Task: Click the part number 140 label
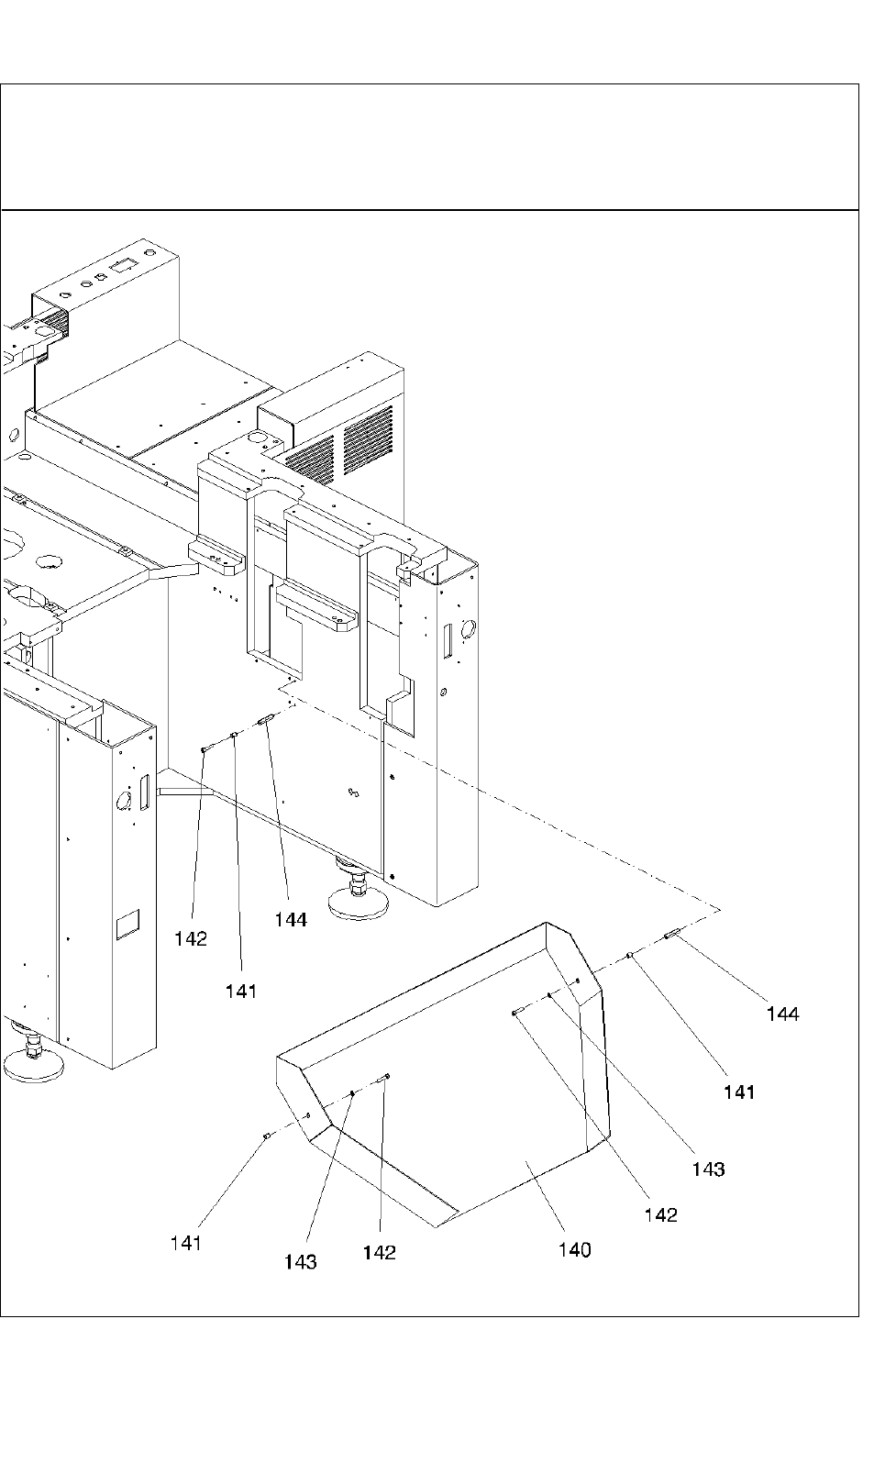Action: tap(575, 1249)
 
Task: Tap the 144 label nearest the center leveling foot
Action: tap(291, 918)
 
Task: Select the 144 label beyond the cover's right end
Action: tap(782, 1014)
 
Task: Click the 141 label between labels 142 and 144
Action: tap(241, 991)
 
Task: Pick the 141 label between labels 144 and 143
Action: tap(738, 1092)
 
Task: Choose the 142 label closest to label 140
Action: tap(660, 1214)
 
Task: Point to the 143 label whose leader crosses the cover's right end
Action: tap(708, 1169)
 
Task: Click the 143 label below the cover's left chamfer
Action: tap(300, 1262)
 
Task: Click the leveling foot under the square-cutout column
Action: tap(34, 1062)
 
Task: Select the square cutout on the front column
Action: tap(127, 924)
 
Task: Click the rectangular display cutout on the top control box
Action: tap(120, 265)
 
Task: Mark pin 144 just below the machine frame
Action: tap(265, 721)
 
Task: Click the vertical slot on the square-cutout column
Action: tap(144, 793)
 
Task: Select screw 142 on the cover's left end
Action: tap(387, 1077)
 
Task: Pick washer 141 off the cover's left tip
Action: tap(266, 1136)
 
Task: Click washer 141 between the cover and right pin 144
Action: tap(630, 957)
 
